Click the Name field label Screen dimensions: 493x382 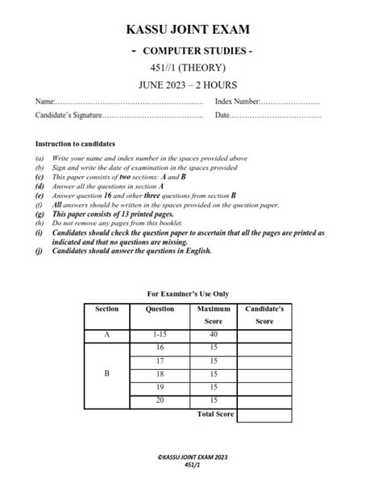[x=45, y=103]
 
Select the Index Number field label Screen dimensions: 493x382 [x=237, y=103]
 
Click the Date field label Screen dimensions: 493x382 [x=222, y=117]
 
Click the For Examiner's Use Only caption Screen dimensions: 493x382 [x=193, y=294]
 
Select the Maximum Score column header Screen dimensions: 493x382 [x=213, y=314]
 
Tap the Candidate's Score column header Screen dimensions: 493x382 [x=265, y=314]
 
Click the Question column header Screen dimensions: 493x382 [x=160, y=309]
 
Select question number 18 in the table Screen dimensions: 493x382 [x=160, y=373]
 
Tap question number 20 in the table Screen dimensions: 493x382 [x=160, y=401]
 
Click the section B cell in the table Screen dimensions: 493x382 [x=107, y=373]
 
